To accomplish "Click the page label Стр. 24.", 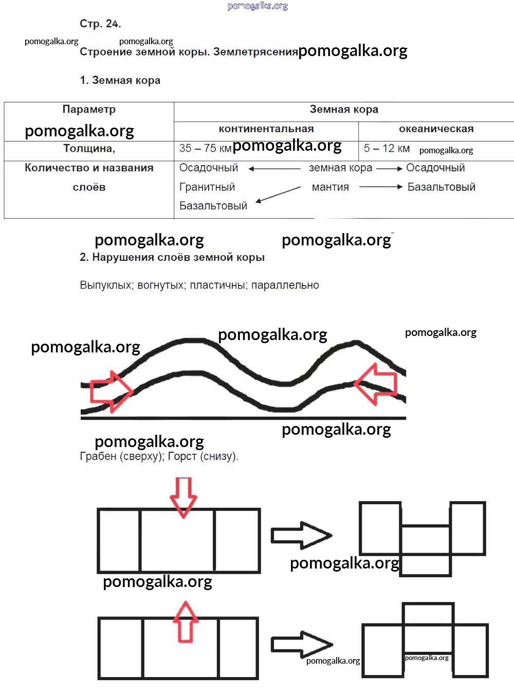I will [x=100, y=24].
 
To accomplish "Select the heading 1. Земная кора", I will [x=120, y=80].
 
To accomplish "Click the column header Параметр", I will [x=89, y=109].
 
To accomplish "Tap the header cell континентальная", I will [x=266, y=129].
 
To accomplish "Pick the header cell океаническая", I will [x=436, y=129].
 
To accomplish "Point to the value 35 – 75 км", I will [x=205, y=148].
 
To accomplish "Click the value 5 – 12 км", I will [x=387, y=148].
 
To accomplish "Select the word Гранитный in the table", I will [x=207, y=187].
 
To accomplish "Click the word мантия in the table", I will [x=331, y=187].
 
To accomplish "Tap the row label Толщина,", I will [x=89, y=148].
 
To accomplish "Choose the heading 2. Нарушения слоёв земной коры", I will [x=172, y=257].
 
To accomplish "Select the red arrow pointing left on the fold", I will [x=376, y=384].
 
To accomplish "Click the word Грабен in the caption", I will [x=98, y=456].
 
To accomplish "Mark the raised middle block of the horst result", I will [x=428, y=614].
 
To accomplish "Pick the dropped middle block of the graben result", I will [x=426, y=549].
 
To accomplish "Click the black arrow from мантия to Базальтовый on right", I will [x=380, y=187].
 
